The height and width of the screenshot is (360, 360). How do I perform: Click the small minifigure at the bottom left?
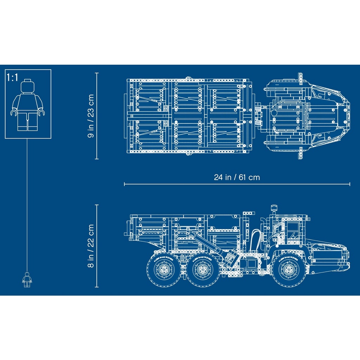pyautogui.click(x=27, y=280)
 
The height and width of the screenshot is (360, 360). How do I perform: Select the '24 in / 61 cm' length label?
pyautogui.click(x=237, y=177)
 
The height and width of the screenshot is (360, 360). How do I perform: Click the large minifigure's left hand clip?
pyautogui.click(x=14, y=113)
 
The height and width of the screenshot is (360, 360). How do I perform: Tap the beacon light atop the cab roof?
pyautogui.click(x=273, y=207)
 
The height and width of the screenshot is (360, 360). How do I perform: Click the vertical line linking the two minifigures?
pyautogui.click(x=27, y=204)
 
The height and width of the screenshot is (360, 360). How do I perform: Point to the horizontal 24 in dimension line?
pyautogui.click(x=237, y=184)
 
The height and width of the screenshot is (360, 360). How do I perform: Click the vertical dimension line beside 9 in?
pyautogui.click(x=97, y=116)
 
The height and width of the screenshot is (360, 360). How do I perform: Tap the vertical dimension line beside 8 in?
pyautogui.click(x=97, y=246)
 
